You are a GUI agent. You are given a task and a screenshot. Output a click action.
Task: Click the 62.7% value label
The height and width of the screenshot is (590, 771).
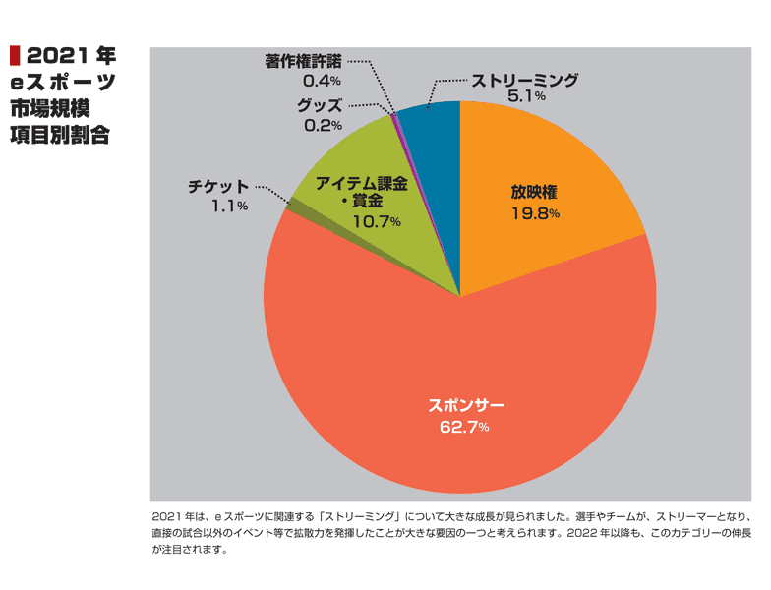click(x=464, y=427)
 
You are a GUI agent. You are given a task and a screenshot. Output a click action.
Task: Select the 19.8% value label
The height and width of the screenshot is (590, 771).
click(x=535, y=213)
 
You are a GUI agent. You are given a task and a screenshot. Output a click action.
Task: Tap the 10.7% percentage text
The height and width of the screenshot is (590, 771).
click(x=377, y=222)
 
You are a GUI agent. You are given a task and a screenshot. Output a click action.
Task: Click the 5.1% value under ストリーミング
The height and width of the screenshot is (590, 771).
click(x=526, y=96)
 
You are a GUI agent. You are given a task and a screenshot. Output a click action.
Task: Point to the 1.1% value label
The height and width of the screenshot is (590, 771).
click(x=230, y=206)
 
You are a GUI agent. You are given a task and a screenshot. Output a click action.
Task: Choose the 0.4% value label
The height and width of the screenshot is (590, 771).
click(x=323, y=81)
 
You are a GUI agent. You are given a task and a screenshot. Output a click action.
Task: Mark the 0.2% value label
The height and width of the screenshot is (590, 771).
click(x=323, y=126)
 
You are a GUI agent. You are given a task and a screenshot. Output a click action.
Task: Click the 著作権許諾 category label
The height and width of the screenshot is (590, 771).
click(x=303, y=61)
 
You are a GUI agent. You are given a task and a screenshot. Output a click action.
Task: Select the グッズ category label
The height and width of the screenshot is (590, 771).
click(x=320, y=106)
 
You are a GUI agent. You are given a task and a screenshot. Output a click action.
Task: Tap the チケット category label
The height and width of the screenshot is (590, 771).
click(x=218, y=187)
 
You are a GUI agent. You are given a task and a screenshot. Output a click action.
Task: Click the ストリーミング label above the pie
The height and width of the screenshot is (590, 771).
click(x=525, y=80)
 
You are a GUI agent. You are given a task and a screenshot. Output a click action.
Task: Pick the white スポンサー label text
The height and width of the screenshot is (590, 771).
click(x=466, y=405)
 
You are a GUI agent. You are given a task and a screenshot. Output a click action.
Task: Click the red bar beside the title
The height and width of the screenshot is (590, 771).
click(x=15, y=55)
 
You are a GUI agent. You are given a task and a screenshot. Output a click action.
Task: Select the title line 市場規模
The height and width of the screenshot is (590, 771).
click(x=49, y=108)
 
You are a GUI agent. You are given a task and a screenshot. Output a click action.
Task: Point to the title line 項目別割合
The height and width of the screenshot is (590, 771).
click(x=59, y=135)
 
